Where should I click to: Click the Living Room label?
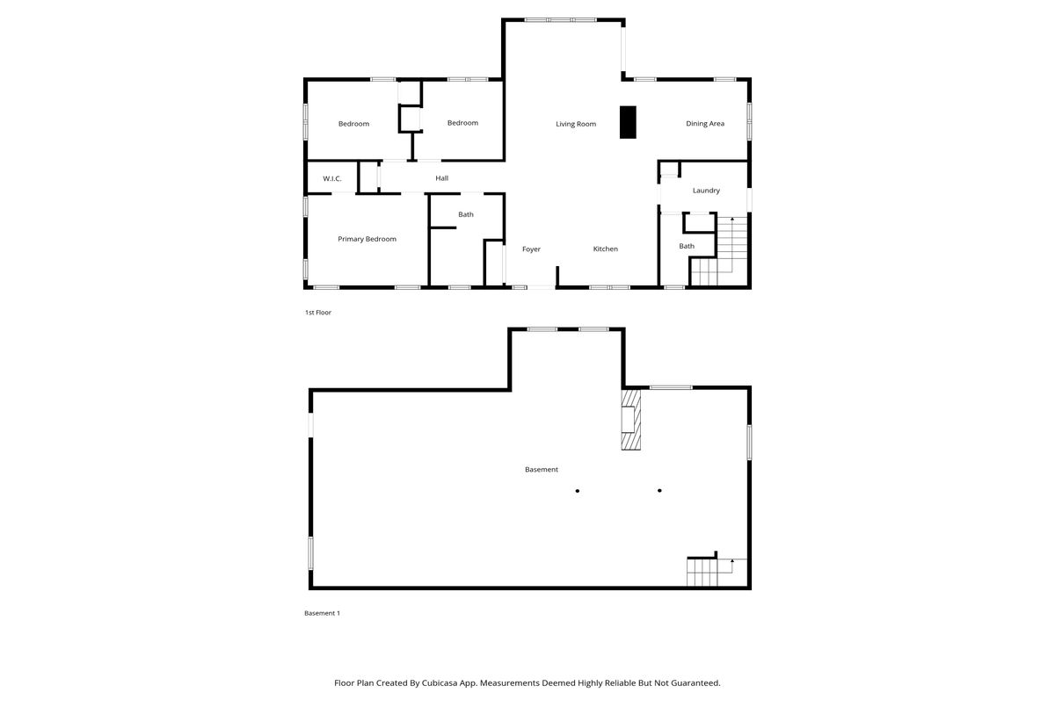tap(576, 124)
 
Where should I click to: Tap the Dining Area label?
tap(705, 124)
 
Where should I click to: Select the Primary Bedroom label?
tap(367, 239)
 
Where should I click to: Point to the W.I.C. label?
tap(332, 179)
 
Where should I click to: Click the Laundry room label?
tap(706, 191)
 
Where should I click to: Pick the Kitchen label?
tap(605, 249)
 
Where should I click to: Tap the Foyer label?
tap(531, 249)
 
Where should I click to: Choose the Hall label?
tap(441, 178)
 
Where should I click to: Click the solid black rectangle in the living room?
tap(628, 122)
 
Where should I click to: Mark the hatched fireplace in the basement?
tap(631, 420)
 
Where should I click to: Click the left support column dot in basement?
tap(578, 491)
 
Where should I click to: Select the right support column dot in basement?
tap(659, 491)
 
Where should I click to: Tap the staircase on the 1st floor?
tap(719, 251)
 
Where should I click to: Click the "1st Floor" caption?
tap(318, 313)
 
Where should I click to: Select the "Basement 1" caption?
tap(322, 613)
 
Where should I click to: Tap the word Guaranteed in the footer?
tap(695, 683)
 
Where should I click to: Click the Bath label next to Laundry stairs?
tap(687, 246)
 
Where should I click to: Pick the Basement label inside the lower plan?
tap(542, 470)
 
